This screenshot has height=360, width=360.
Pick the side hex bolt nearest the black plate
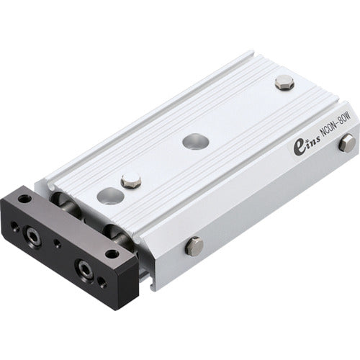(x=194, y=247)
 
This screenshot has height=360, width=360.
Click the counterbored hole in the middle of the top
(x=193, y=141)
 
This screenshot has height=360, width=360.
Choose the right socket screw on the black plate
(x=86, y=269)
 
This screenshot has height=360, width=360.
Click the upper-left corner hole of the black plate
(x=25, y=199)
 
